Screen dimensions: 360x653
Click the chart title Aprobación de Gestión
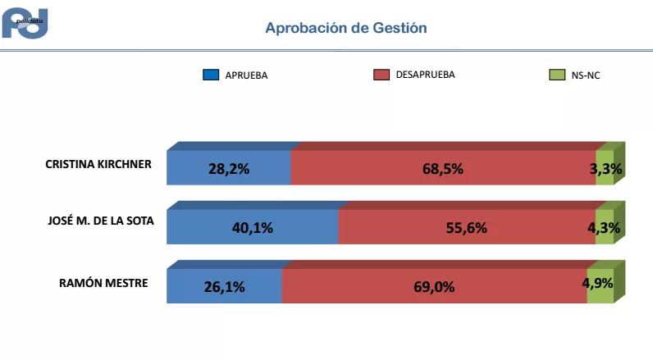point(345,28)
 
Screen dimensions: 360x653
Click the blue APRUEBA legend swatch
point(211,75)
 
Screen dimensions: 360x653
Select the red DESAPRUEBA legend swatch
point(381,75)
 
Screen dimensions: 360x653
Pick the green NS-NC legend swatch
point(555,75)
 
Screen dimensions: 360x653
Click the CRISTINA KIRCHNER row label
point(98,164)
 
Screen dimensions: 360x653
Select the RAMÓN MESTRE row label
point(103,283)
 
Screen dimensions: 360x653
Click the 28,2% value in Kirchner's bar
point(229,169)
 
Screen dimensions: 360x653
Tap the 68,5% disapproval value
point(443,169)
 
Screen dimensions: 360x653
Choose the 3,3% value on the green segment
point(605,169)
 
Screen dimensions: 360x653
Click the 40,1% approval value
point(253,228)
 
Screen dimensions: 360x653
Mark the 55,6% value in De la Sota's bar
point(467,228)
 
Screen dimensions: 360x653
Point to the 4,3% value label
point(604,228)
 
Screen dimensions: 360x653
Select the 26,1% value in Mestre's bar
point(224,287)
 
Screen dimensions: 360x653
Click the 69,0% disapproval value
point(434,287)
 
